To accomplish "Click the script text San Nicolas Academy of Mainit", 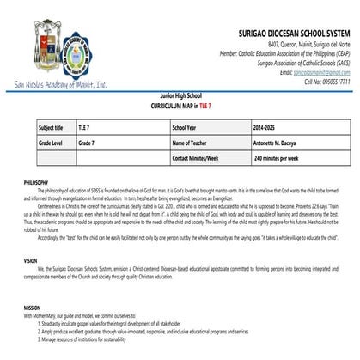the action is coord(60,85).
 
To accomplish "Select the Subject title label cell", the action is coord(52,126).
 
